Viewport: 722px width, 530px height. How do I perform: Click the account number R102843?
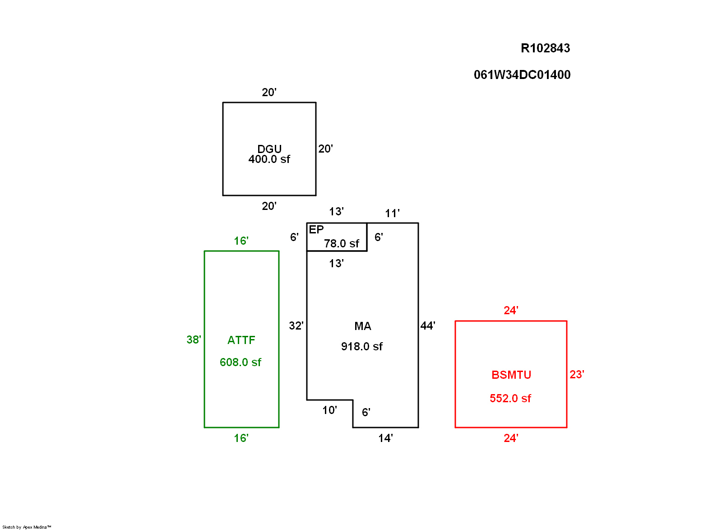[545, 48]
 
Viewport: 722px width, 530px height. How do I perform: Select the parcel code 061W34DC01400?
[522, 75]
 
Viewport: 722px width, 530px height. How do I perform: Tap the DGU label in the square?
[269, 149]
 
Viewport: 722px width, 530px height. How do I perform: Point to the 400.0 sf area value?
[269, 159]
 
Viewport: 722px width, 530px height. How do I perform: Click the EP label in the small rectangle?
[316, 230]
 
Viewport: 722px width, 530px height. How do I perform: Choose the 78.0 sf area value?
[341, 244]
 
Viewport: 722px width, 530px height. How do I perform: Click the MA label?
[362, 326]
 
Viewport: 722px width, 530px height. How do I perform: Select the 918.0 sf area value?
[361, 347]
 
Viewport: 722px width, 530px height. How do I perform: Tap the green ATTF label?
[241, 340]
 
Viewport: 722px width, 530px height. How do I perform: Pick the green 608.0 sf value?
[240, 363]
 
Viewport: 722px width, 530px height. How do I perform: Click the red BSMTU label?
[511, 375]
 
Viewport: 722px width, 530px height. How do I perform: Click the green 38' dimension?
[194, 340]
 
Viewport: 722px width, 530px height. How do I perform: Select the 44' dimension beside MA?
[428, 326]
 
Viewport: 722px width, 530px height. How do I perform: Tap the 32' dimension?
[296, 326]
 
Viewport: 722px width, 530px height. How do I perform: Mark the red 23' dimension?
[577, 375]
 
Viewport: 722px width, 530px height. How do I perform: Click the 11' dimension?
[392, 214]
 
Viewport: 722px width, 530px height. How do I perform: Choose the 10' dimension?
[329, 410]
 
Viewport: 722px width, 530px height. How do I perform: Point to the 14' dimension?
[385, 438]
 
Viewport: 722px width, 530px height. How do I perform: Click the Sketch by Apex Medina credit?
[27, 527]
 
